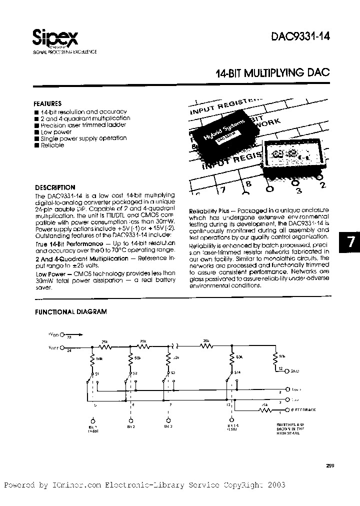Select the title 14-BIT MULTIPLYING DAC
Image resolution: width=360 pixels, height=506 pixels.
click(272, 73)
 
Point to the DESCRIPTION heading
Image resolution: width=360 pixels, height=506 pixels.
click(54, 187)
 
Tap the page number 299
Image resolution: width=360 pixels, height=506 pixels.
click(328, 465)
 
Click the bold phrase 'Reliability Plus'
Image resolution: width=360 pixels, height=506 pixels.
click(206, 211)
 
